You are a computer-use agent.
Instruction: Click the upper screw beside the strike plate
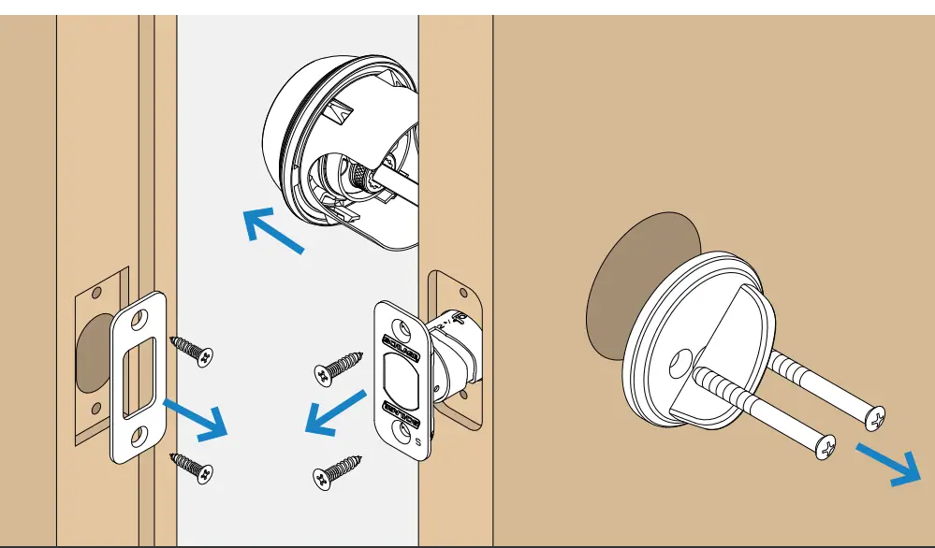click(x=193, y=351)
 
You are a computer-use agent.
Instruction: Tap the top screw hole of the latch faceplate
click(x=401, y=329)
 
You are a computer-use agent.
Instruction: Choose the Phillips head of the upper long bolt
click(x=874, y=417)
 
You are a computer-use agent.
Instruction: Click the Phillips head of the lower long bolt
click(x=825, y=448)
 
